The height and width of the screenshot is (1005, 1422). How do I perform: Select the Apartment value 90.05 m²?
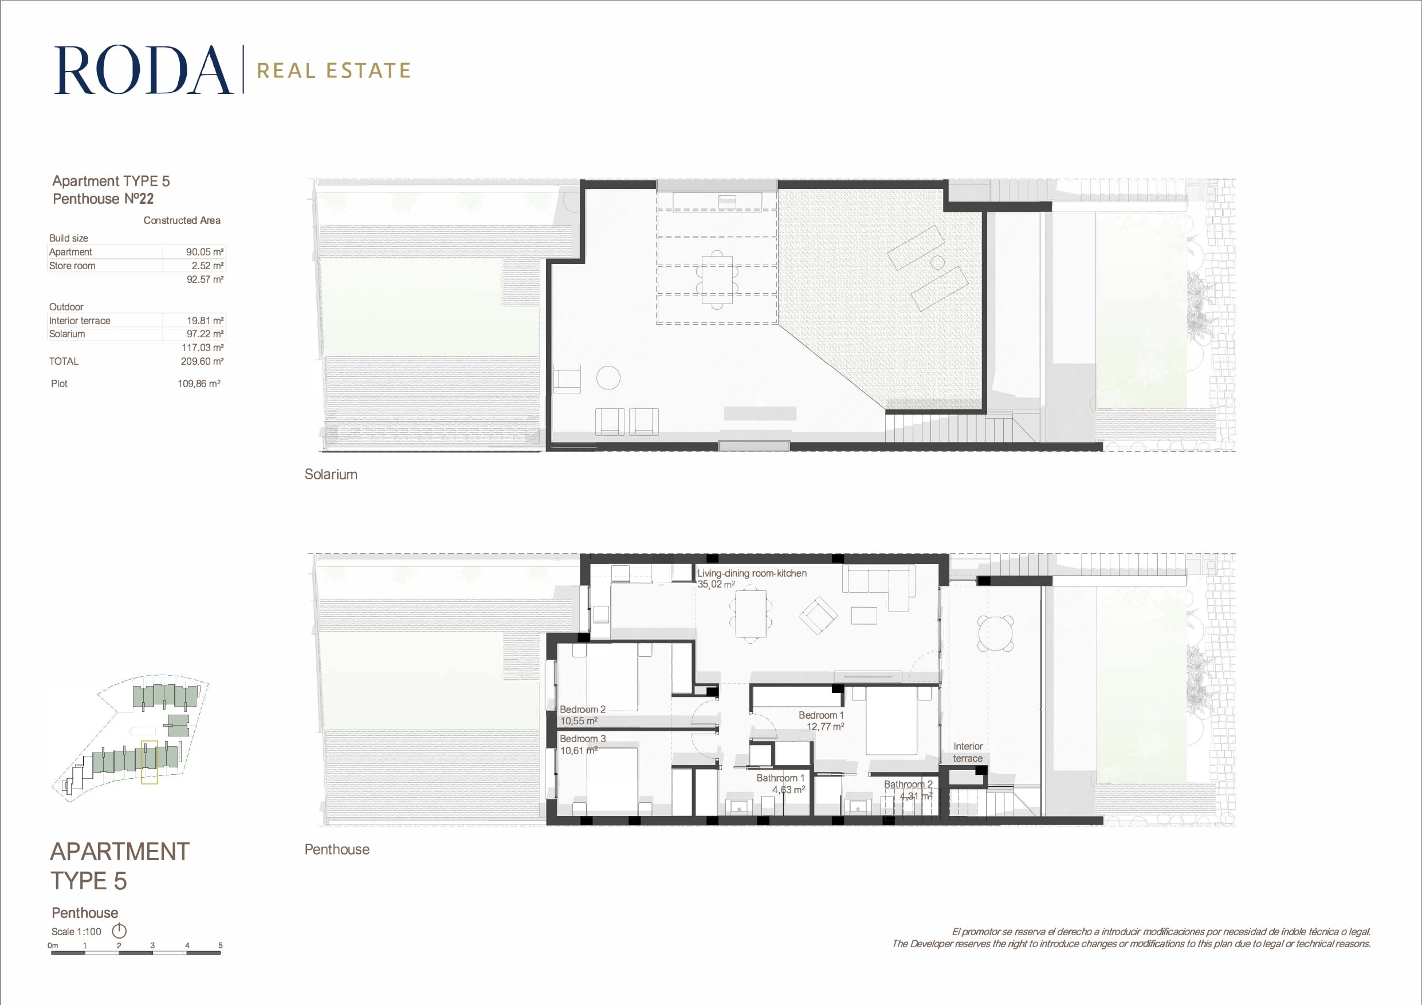pyautogui.click(x=205, y=252)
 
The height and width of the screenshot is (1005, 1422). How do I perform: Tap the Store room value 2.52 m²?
pyautogui.click(x=207, y=266)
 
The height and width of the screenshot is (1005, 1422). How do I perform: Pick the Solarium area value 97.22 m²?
pyautogui.click(x=205, y=334)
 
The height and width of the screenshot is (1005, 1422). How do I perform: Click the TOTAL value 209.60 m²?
pyautogui.click(x=202, y=361)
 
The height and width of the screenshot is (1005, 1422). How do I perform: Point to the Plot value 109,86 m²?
pyautogui.click(x=199, y=384)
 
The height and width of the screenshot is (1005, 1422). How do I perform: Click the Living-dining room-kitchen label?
pyautogui.click(x=752, y=573)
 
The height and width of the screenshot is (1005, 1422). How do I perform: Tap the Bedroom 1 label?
pyautogui.click(x=820, y=715)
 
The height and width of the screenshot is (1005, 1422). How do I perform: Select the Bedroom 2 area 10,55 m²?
pyautogui.click(x=579, y=721)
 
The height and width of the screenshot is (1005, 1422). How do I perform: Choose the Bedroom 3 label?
pyautogui.click(x=582, y=739)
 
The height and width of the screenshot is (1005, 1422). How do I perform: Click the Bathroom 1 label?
pyautogui.click(x=780, y=778)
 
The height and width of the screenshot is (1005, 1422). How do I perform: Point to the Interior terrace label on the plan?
pyautogui.click(x=968, y=752)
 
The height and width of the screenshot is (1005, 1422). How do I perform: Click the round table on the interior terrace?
pyautogui.click(x=995, y=633)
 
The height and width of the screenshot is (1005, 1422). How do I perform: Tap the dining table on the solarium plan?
pyautogui.click(x=717, y=280)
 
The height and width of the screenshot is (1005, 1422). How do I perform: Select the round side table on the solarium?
pyautogui.click(x=608, y=378)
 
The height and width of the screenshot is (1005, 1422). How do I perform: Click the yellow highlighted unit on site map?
pyautogui.click(x=150, y=762)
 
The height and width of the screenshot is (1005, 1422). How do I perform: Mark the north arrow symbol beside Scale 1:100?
pyautogui.click(x=119, y=931)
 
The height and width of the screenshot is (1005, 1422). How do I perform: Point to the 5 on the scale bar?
pyautogui.click(x=220, y=945)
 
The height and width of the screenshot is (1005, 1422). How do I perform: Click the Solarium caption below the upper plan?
pyautogui.click(x=331, y=474)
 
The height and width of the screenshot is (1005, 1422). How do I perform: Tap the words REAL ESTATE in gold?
pyautogui.click(x=334, y=70)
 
